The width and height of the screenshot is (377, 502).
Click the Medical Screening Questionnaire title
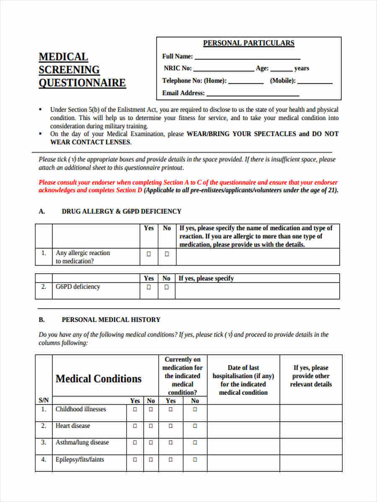(x=82, y=70)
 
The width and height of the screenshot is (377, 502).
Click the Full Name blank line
(x=247, y=57)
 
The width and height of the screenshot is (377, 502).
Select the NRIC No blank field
(x=223, y=69)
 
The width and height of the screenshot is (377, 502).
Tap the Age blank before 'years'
(x=281, y=69)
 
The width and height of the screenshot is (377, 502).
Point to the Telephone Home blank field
(x=246, y=82)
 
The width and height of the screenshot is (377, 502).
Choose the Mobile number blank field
(x=315, y=82)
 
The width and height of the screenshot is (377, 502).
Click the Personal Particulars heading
(x=248, y=43)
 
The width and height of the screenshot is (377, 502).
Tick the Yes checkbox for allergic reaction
(x=149, y=254)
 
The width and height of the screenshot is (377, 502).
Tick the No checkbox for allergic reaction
(x=167, y=254)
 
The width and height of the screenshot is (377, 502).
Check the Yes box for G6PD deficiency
(x=149, y=287)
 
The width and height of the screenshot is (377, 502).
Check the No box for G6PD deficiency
(x=167, y=287)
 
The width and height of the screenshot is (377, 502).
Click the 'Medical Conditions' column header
(x=98, y=379)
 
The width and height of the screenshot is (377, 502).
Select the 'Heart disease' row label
(x=73, y=426)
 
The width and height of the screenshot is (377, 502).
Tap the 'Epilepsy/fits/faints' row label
(x=80, y=459)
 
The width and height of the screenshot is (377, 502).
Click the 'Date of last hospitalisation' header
(x=243, y=380)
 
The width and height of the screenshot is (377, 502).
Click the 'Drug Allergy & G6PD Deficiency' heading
(x=121, y=212)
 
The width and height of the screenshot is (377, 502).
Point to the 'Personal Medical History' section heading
(x=111, y=320)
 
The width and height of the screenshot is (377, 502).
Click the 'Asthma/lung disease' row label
(x=82, y=443)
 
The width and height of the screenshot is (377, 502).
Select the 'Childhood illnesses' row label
(x=81, y=409)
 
